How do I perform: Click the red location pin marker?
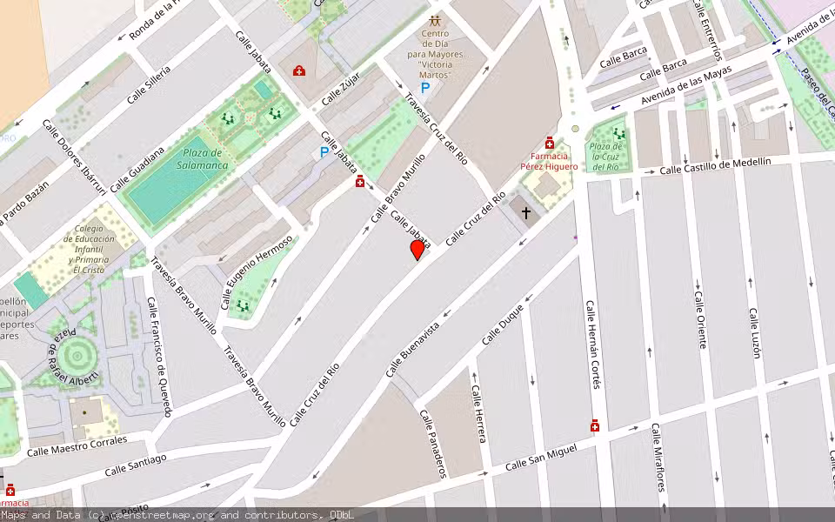click(417, 250)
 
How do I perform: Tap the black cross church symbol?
click(525, 212)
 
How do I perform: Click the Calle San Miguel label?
click(541, 458)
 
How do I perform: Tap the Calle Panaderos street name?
click(433, 444)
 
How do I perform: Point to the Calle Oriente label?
click(699, 319)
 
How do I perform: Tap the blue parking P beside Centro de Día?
click(425, 88)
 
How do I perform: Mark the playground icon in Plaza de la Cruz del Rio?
click(618, 134)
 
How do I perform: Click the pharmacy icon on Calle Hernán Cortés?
click(595, 425)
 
